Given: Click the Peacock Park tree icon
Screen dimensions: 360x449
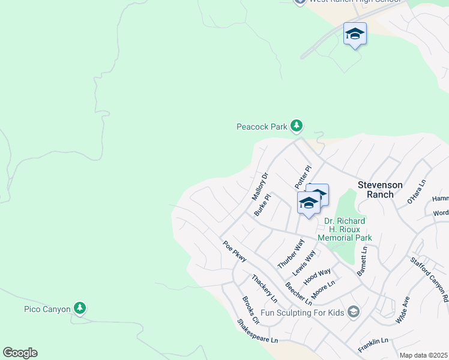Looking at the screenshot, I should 296,126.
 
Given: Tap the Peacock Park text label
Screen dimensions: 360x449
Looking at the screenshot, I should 262,127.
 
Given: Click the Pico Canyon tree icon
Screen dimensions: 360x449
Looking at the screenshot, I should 80,308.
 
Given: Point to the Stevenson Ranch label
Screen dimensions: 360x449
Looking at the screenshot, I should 380,190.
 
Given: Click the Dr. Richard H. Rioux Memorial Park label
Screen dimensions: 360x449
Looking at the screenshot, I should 348,229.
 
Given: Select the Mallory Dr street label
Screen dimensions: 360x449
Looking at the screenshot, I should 260,187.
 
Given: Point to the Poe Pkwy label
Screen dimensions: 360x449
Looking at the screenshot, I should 235,251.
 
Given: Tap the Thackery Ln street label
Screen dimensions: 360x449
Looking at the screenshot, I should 265,288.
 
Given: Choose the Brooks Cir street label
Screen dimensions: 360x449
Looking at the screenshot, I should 250,310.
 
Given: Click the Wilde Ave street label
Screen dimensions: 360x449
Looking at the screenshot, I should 403,310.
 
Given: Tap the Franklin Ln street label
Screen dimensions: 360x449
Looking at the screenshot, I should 373,345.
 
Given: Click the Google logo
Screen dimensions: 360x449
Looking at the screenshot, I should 20,353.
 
